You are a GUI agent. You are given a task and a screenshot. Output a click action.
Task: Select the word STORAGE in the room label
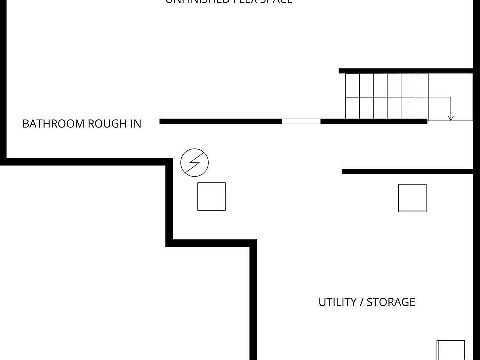coord(391,302)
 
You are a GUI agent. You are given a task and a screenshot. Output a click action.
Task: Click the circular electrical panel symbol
coord(194,163)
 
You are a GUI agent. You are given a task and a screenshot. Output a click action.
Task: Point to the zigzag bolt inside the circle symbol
coord(194,163)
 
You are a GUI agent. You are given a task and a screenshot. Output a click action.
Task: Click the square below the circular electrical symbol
coord(211,197)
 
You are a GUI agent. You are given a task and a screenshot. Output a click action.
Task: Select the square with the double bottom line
coord(412,198)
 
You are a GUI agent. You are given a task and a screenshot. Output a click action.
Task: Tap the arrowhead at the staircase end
coord(451,118)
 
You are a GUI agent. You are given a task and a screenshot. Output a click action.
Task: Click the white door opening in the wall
coord(301,121)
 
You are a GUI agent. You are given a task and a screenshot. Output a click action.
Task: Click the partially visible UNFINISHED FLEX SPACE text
coord(229,1)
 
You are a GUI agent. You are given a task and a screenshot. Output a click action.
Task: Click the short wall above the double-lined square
coord(407,172)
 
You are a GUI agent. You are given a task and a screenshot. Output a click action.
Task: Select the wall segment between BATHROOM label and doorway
coord(220,121)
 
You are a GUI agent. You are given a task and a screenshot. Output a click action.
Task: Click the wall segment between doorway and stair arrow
coord(373,121)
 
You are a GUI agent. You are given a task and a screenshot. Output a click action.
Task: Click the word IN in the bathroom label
coord(136,124)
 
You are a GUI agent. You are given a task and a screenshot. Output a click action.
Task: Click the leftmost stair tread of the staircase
coord(353,96)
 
